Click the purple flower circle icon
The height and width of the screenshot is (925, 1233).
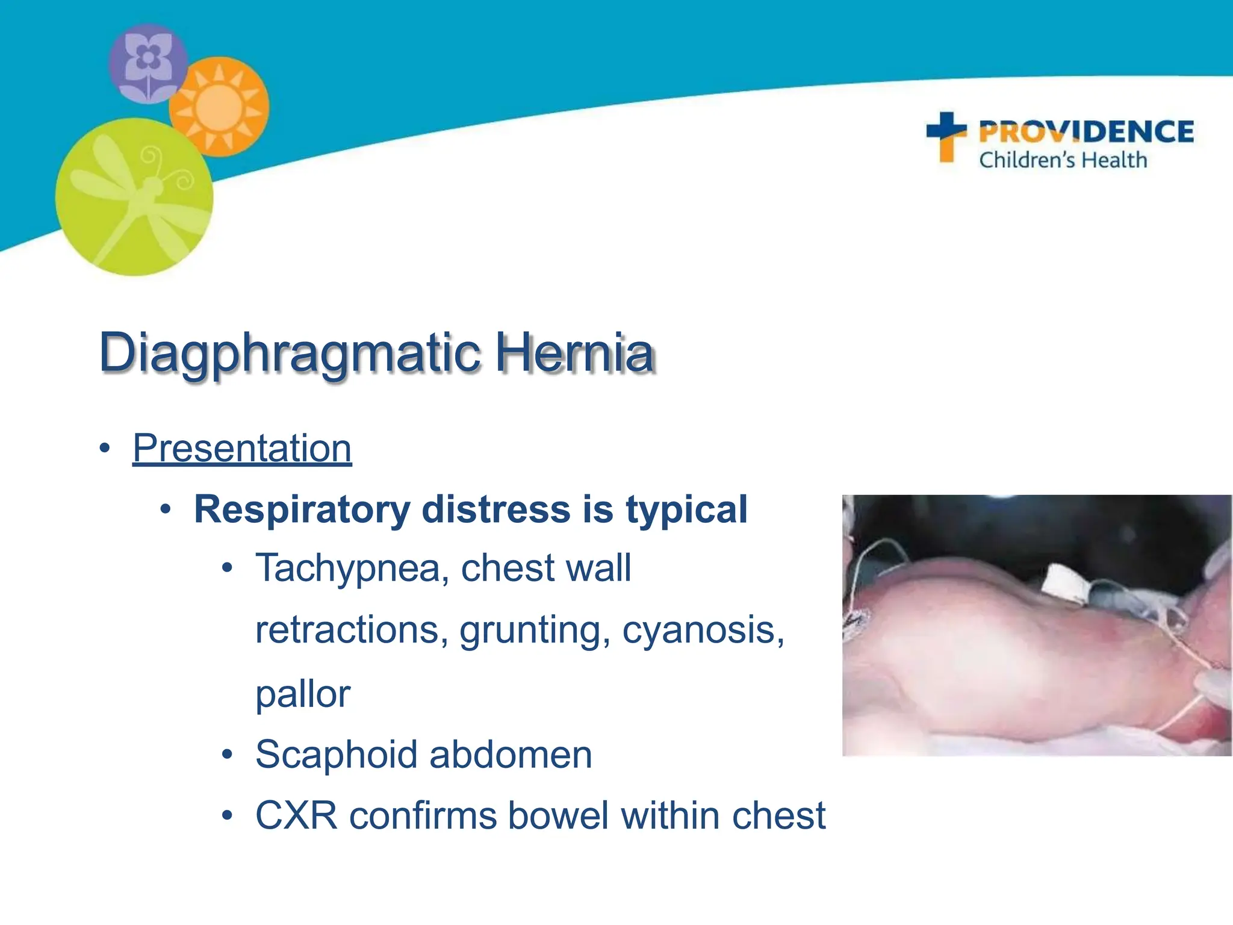click(148, 63)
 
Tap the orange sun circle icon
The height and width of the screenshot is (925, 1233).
click(219, 107)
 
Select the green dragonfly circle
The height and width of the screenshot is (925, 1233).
click(134, 198)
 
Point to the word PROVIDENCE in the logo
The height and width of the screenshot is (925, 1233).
click(1086, 132)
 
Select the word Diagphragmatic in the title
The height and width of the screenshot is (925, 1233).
click(290, 352)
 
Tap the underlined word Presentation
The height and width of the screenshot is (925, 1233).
click(242, 449)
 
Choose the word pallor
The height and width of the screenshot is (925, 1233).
click(303, 694)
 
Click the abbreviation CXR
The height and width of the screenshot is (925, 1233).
click(296, 815)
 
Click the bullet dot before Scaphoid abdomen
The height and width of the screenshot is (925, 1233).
click(227, 755)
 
